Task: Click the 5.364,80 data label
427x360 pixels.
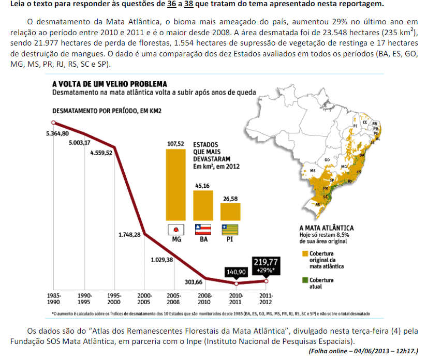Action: coord(57,133)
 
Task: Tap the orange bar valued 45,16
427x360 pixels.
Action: coord(202,206)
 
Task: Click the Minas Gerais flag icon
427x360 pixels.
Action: coord(175,229)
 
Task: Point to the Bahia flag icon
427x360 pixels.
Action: coord(202,229)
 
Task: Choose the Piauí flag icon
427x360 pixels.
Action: coord(230,229)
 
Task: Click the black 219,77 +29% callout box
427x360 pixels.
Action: coord(266,265)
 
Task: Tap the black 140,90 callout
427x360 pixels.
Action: coord(237,272)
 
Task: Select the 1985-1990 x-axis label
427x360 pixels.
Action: coord(53,299)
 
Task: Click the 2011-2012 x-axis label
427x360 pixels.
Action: coord(265,299)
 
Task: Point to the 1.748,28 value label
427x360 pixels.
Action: coord(129,235)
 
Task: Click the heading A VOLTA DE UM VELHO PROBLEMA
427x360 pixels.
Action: coord(110,84)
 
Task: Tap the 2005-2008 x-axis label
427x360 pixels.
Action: coord(174,299)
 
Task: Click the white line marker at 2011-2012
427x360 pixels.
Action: coord(267,281)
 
